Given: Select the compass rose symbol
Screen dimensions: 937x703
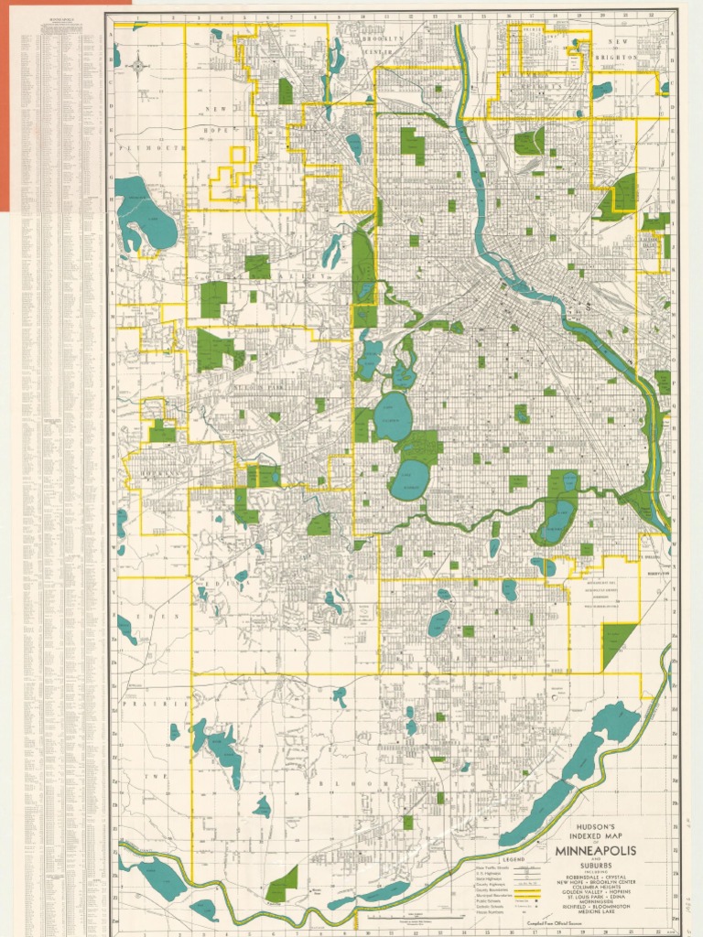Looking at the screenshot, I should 138,65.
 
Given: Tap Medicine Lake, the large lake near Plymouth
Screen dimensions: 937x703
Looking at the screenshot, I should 146,215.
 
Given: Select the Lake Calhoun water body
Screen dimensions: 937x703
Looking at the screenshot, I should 394,417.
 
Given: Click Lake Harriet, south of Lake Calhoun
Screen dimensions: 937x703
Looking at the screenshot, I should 409,479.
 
